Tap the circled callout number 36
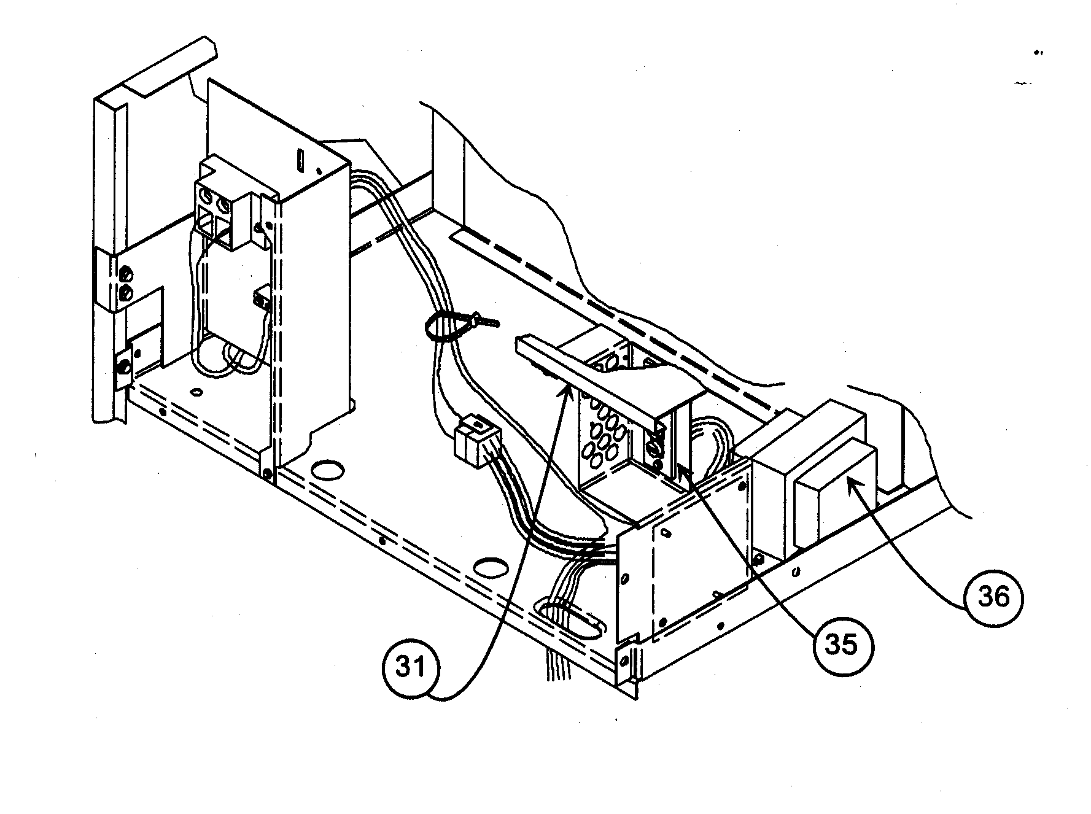point(992,596)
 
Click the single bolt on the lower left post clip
point(124,367)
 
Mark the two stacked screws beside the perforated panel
point(656,445)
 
